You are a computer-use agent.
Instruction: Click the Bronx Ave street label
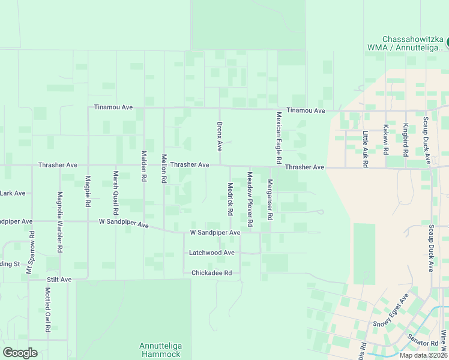click(220, 136)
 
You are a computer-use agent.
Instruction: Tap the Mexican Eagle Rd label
click(279, 137)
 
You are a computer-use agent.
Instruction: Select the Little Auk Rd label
click(365, 149)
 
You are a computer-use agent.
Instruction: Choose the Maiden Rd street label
click(144, 166)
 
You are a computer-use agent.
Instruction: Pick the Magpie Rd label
click(88, 191)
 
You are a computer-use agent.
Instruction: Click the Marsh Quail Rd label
click(115, 193)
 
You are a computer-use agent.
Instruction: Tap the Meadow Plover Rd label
click(250, 199)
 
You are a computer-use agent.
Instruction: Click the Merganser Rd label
click(270, 199)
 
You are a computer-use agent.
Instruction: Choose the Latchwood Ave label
click(211, 253)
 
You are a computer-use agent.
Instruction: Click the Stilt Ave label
click(59, 280)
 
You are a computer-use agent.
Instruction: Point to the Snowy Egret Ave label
click(390, 311)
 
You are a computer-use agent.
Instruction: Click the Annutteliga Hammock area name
click(160, 350)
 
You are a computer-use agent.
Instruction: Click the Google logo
click(20, 353)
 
